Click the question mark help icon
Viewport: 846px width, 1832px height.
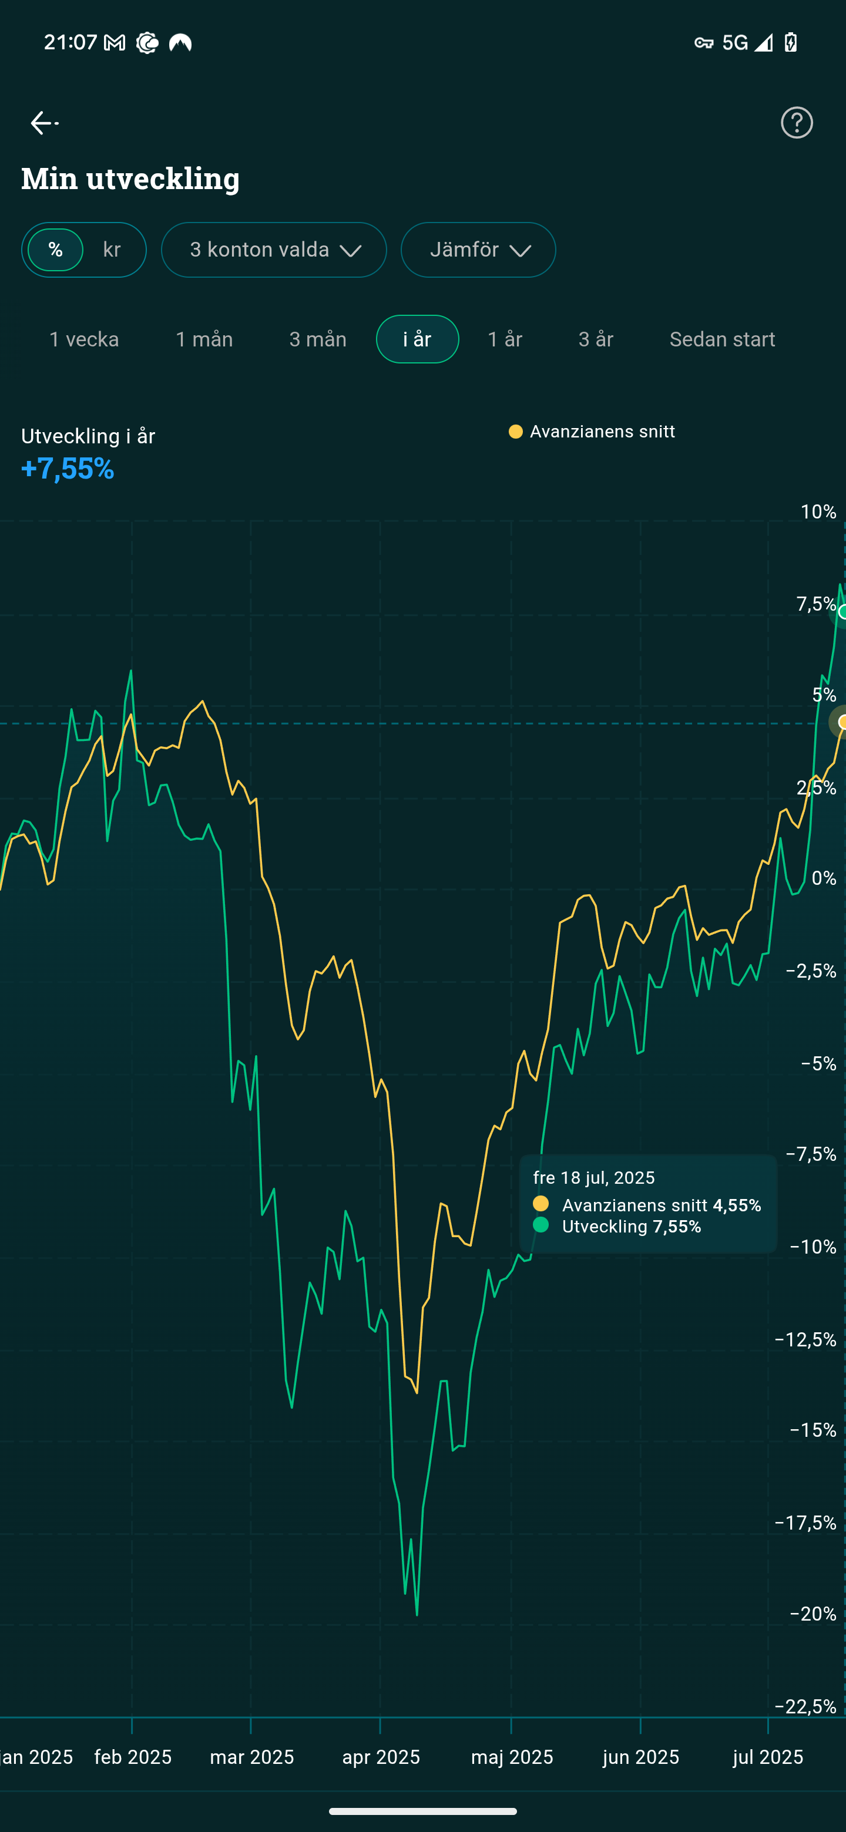pyautogui.click(x=796, y=123)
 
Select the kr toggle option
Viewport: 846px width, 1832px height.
pyautogui.click(x=112, y=250)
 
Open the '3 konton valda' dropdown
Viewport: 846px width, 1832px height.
pyautogui.click(x=274, y=250)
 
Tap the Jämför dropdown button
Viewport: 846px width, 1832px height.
pyautogui.click(x=478, y=250)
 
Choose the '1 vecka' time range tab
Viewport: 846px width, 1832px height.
pyautogui.click(x=84, y=339)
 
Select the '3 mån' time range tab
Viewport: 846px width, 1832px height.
pyautogui.click(x=318, y=339)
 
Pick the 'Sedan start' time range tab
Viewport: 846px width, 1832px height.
pyautogui.click(x=722, y=339)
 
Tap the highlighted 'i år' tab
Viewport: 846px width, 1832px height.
pyautogui.click(x=418, y=339)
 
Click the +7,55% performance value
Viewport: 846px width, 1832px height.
pyautogui.click(x=68, y=469)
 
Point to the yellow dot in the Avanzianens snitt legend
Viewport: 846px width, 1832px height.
pyautogui.click(x=516, y=432)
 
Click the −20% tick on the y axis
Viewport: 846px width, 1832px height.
pyautogui.click(x=813, y=1614)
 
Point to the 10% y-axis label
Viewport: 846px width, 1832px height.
pyautogui.click(x=818, y=512)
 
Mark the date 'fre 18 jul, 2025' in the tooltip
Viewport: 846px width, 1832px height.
pyautogui.click(x=594, y=1178)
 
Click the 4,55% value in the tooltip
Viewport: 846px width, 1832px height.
pyautogui.click(x=737, y=1205)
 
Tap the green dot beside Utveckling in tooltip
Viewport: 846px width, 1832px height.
pyautogui.click(x=540, y=1225)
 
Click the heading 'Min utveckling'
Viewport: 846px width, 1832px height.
pyautogui.click(x=130, y=178)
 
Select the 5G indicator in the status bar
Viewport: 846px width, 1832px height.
pyautogui.click(x=735, y=43)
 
